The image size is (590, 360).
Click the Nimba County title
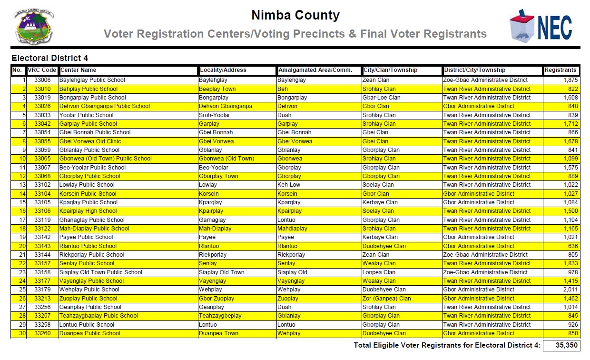295,16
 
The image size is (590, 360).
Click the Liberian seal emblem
34,26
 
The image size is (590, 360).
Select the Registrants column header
560,70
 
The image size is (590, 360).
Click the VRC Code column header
42,70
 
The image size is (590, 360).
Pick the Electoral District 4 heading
50,58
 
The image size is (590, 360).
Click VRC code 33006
42,80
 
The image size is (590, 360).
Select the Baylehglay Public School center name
92,80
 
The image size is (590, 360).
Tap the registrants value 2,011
570,290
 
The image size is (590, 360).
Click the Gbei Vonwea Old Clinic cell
90,141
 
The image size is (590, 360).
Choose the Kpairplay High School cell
88,211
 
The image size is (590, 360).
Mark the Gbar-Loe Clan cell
381,98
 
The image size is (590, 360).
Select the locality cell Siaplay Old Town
221,272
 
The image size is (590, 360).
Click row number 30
22,333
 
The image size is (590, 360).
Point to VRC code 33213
42,299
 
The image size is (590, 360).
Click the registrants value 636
573,246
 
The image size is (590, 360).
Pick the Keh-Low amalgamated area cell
289,185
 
